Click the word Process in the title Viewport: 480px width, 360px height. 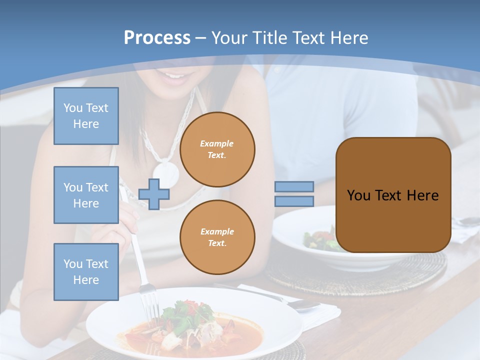coord(157,37)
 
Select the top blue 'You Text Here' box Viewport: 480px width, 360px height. coord(86,116)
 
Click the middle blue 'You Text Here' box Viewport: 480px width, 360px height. coord(86,195)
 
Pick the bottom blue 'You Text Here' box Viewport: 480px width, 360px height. coord(86,271)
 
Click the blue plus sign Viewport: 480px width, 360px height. coord(154,194)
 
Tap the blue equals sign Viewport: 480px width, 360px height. coord(294,194)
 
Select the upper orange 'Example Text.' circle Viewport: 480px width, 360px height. coord(217,149)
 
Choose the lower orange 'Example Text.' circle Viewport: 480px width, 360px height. coord(217,237)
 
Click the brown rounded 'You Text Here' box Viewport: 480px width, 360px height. coord(393,195)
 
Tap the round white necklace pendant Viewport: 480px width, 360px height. coord(165,172)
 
